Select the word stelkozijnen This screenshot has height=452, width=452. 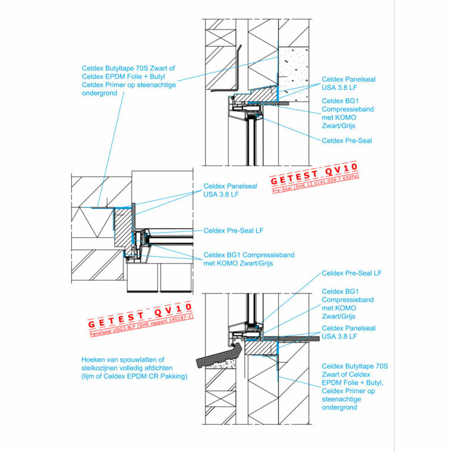(x=101, y=368)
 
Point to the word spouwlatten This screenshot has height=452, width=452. (x=146, y=360)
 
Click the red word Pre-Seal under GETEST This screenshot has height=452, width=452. (x=282, y=190)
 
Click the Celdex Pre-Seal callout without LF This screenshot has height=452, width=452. (x=347, y=141)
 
